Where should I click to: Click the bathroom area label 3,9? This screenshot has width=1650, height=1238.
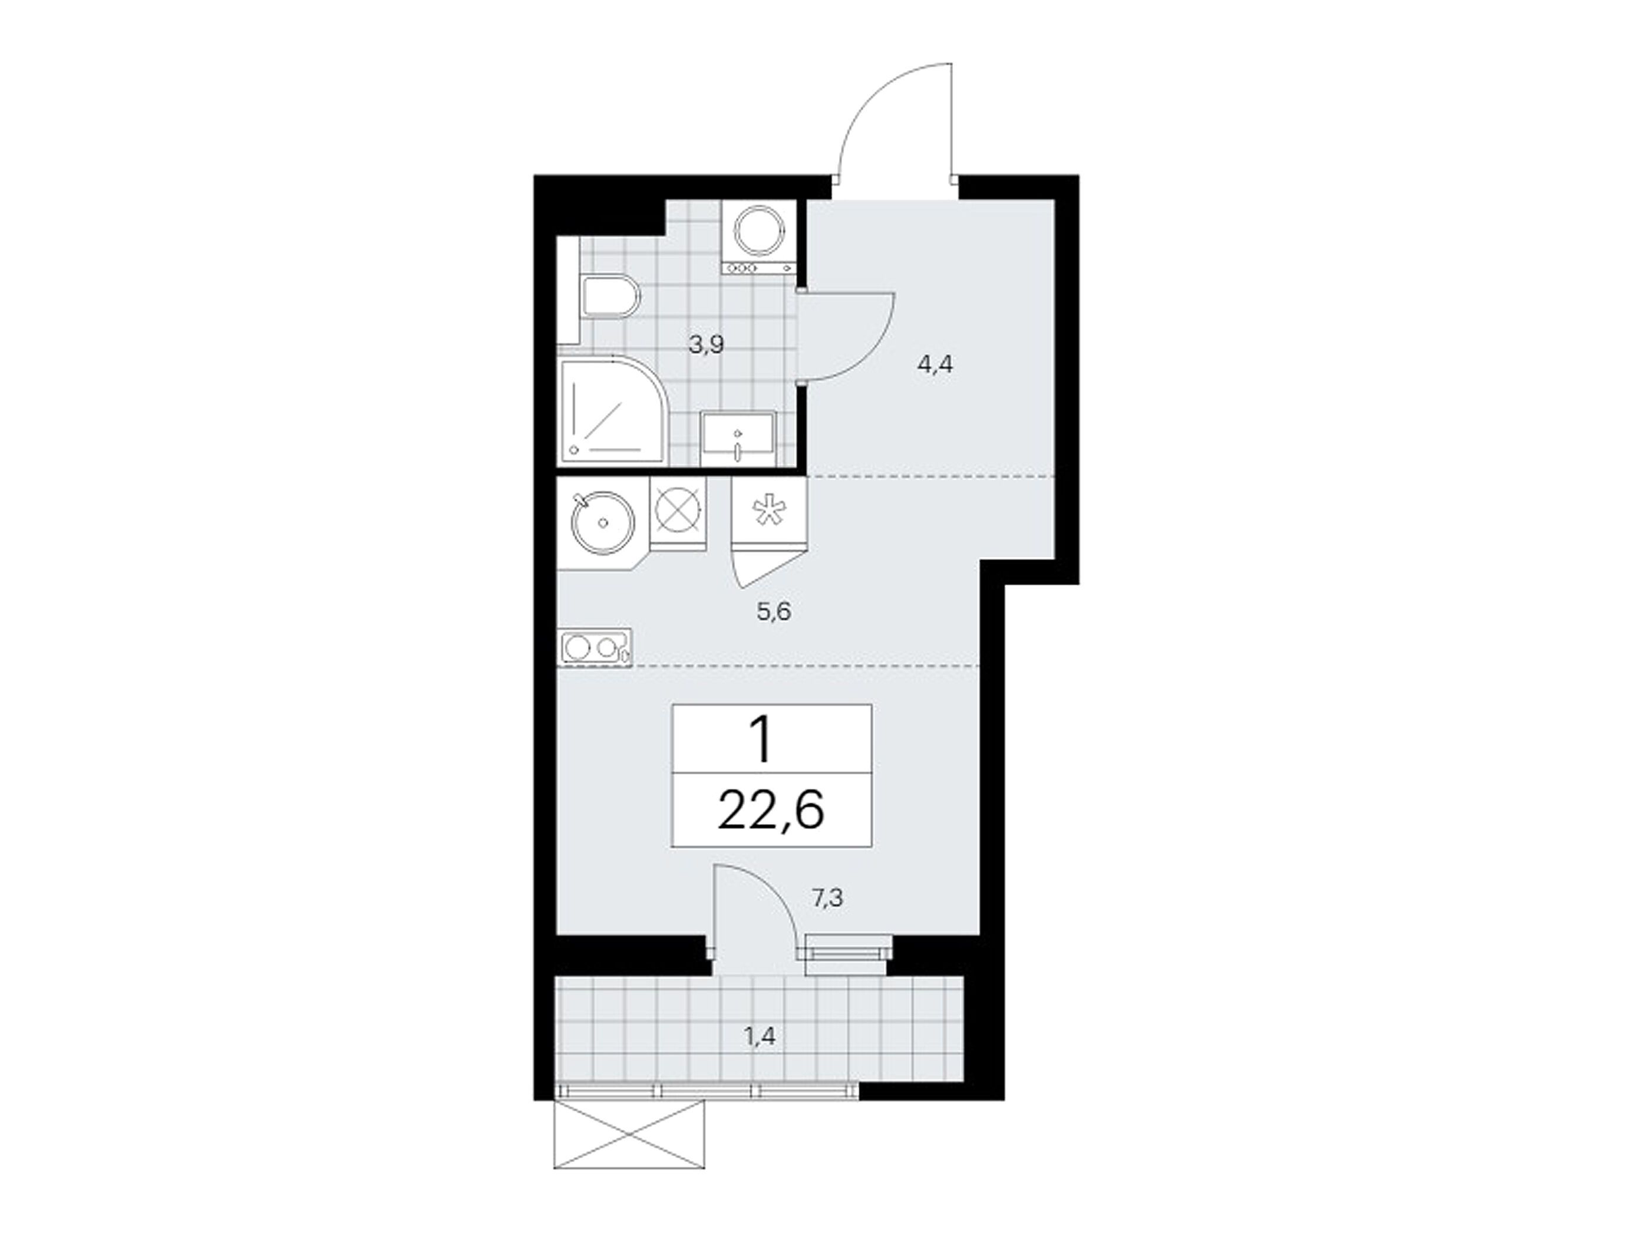tap(707, 345)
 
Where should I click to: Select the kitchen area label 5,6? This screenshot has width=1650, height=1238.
tap(774, 612)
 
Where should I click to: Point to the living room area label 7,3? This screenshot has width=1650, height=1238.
tap(827, 898)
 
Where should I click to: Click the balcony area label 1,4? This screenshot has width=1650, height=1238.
tap(760, 1036)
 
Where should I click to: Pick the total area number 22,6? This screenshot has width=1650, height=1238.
tap(771, 811)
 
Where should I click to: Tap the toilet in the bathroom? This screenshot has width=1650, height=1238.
tap(610, 297)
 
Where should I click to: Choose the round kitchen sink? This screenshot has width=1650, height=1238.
tap(603, 523)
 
